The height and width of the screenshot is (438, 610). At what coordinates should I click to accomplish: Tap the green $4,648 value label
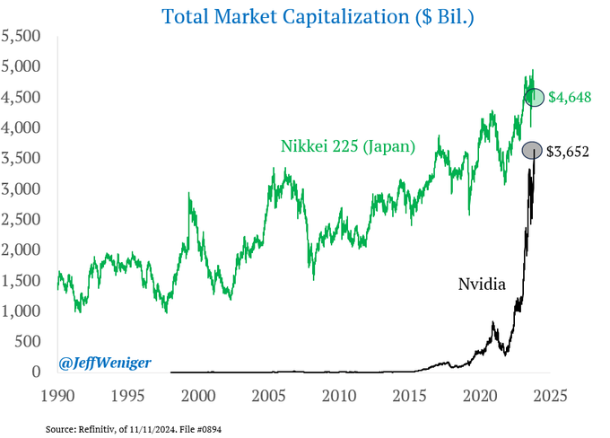569,97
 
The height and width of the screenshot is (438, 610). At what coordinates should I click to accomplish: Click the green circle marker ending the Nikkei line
535,97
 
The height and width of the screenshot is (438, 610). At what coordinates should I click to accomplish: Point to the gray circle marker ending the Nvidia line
532,151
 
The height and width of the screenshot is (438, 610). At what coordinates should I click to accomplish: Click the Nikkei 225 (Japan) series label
347,145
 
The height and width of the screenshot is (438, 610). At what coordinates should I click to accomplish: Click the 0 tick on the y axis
37,372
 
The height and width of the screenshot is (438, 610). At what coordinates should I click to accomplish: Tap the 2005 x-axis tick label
268,395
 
